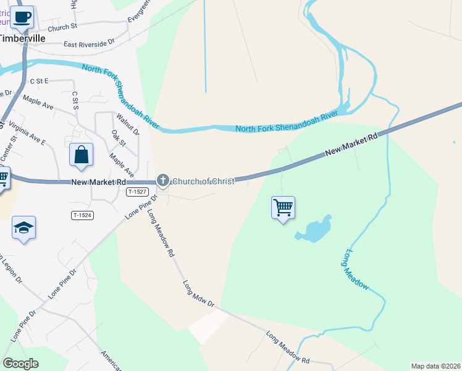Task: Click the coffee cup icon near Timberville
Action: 22,17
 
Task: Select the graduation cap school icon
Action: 23,228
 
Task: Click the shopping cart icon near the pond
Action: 283,208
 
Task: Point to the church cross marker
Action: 163,181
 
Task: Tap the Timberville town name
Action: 22,38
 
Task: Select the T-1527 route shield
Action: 137,192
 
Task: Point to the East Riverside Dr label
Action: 89,44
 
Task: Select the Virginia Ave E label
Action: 27,133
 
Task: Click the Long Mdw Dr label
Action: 198,295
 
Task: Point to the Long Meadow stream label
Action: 356,270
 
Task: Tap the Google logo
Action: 20,364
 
